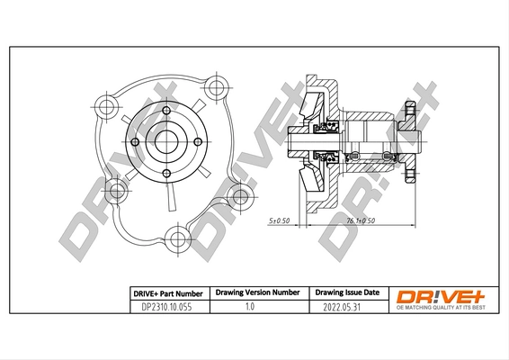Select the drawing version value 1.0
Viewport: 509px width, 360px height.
point(251,306)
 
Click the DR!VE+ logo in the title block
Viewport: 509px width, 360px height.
point(433,295)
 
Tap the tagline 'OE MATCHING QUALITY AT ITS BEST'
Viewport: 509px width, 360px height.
point(433,309)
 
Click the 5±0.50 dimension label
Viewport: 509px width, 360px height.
point(279,220)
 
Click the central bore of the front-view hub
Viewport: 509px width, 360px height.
point(165,141)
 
